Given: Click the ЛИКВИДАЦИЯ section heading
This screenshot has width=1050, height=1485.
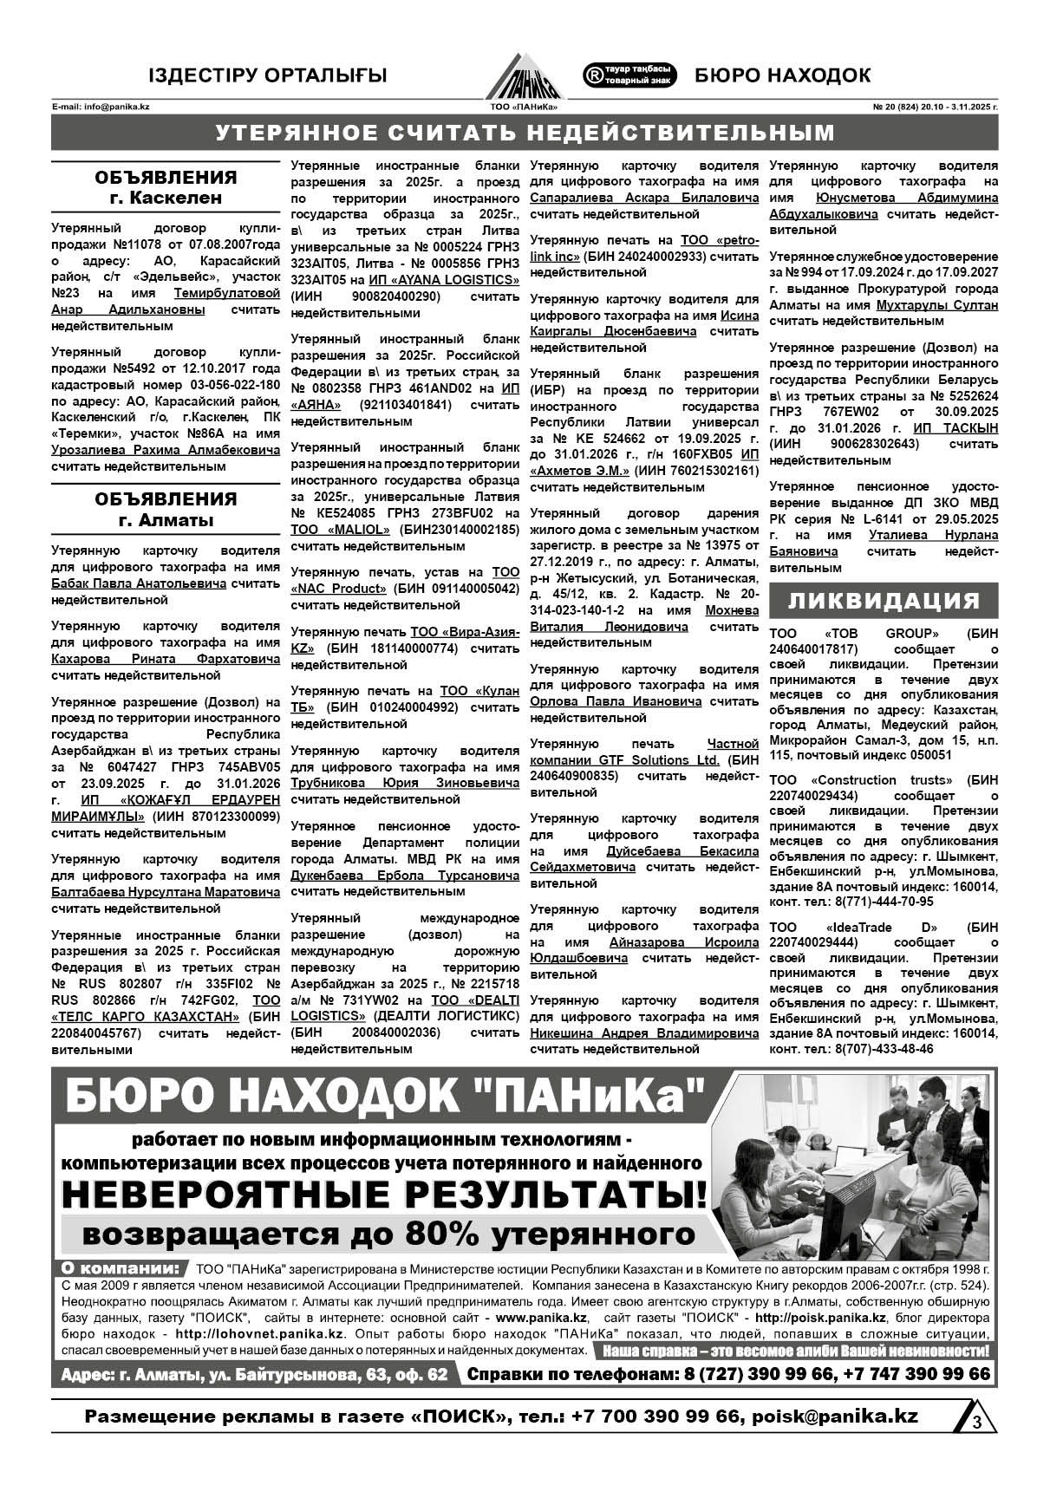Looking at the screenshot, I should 884,601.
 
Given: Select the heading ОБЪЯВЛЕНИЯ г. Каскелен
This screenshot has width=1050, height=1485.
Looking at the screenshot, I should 166,187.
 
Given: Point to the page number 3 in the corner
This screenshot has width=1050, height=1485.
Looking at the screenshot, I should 976,1422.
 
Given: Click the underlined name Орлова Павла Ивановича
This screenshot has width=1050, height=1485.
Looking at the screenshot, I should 616,701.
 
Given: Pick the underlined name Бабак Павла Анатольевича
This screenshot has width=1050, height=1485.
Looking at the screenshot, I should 139,583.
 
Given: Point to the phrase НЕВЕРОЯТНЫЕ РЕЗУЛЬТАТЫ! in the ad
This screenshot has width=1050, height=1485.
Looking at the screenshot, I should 384,1195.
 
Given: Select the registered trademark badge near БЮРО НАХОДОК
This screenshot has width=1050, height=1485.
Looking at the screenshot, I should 629,75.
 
